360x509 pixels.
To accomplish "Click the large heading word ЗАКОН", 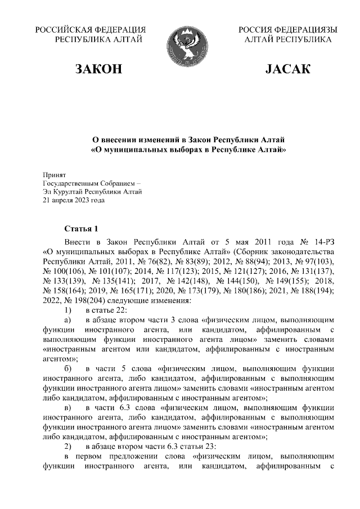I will (99, 69).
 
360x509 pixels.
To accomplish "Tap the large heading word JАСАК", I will (287, 69).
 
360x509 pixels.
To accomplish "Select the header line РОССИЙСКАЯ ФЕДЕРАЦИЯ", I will (91, 30).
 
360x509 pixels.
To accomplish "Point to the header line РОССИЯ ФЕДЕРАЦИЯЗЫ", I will (287, 30).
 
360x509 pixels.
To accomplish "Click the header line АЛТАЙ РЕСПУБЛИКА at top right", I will (287, 40).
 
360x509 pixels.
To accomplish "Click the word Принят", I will (55, 175).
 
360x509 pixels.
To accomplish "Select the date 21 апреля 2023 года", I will (74, 200).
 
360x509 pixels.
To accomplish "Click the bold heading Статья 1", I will (81, 228).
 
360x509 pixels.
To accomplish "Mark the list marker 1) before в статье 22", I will (67, 311).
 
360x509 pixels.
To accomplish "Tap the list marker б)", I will (67, 368).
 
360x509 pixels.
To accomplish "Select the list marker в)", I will (67, 407).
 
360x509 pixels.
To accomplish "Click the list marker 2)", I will (67, 447).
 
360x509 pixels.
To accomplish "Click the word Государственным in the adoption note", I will (70, 184).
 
